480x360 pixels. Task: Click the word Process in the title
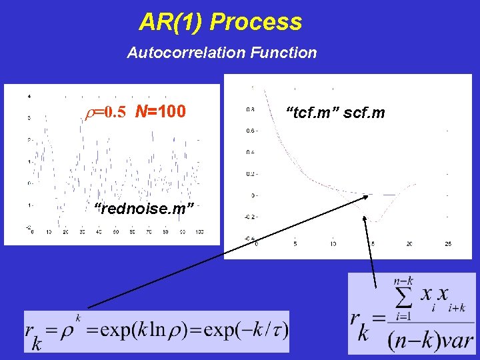256,22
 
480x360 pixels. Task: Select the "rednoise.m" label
144,209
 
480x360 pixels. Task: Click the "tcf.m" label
310,113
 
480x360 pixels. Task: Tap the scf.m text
365,113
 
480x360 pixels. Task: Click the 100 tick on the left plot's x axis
200,232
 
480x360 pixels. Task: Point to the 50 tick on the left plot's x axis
115,232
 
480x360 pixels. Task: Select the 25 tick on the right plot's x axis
448,245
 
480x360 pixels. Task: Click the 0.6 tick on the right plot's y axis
250,131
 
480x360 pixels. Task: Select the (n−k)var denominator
430,340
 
